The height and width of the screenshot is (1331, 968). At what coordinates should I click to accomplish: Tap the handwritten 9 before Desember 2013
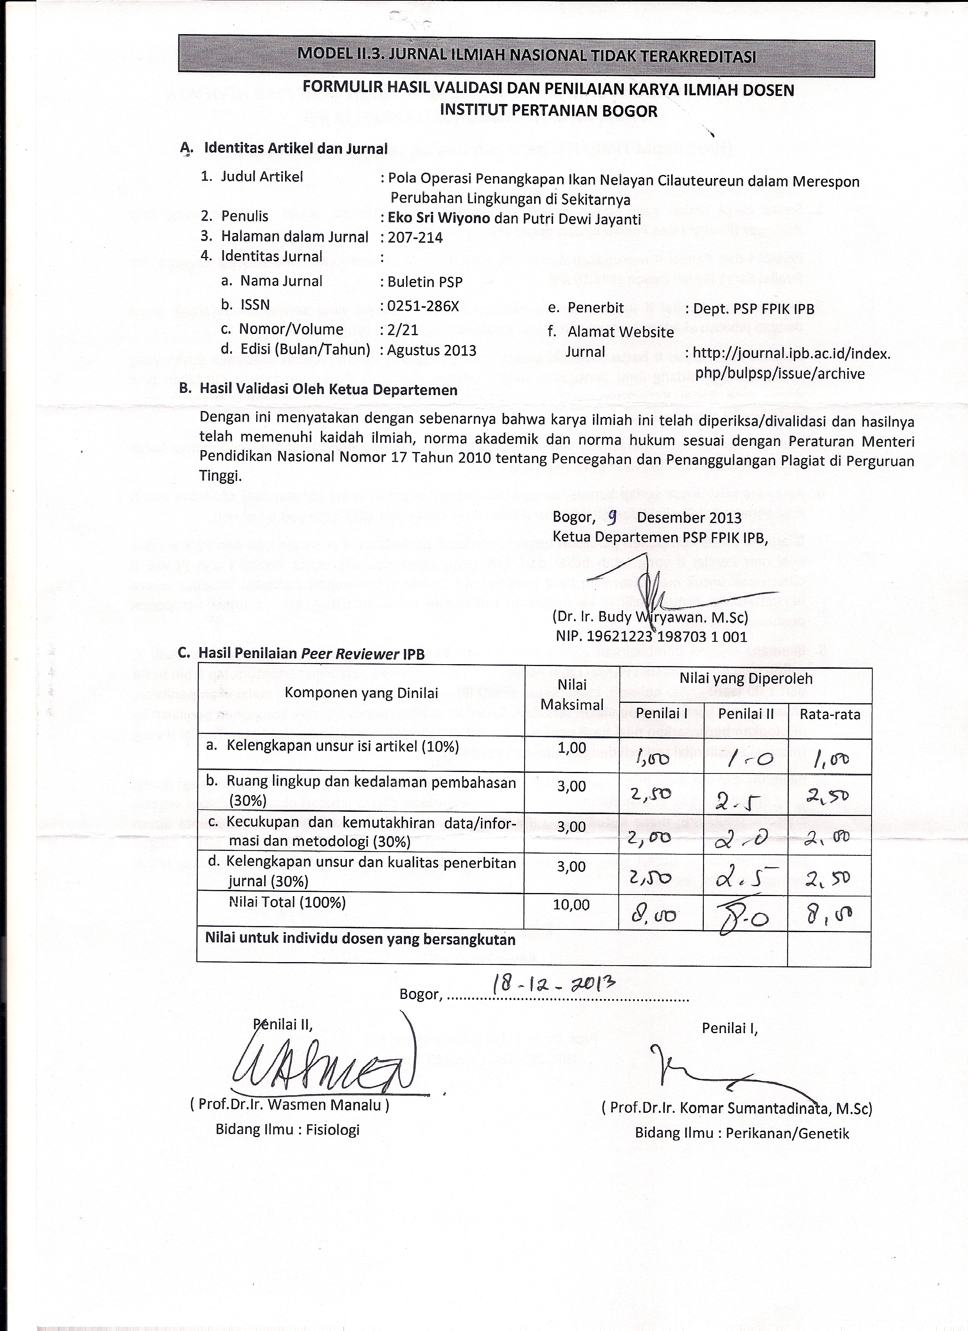point(612,517)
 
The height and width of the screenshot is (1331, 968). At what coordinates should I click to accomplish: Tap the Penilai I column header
point(662,714)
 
